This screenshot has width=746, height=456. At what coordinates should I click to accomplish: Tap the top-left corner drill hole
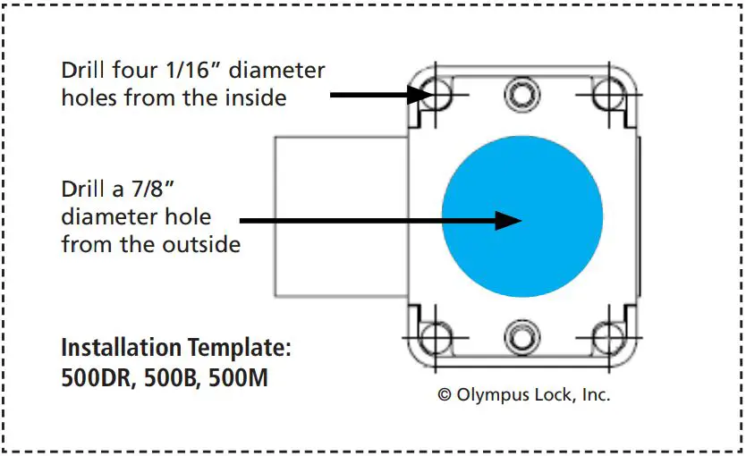click(x=436, y=93)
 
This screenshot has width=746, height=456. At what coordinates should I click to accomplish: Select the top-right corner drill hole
click(x=610, y=93)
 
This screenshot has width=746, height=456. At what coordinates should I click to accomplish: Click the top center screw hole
click(x=521, y=91)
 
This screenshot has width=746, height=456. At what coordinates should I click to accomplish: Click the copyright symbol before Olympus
click(x=444, y=394)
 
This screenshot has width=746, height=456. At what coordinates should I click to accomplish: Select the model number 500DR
click(x=97, y=377)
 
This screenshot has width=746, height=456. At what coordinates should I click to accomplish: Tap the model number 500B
click(x=172, y=377)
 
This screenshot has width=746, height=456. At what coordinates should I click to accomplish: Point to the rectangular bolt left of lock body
click(x=340, y=216)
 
